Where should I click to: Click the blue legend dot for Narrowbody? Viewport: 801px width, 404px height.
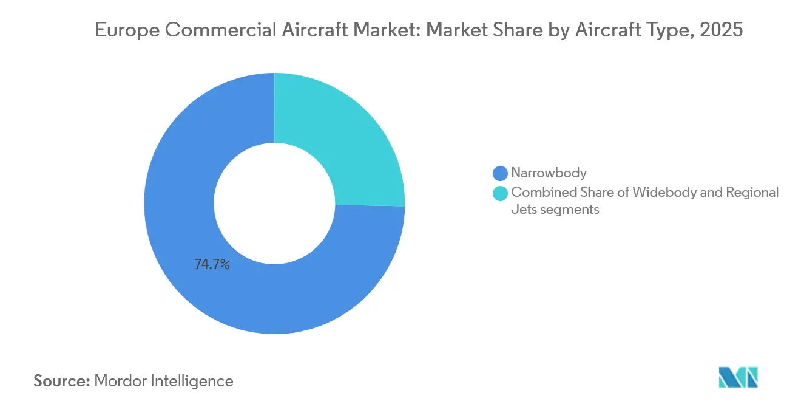[501, 173]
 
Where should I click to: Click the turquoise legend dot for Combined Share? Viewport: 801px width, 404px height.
[501, 193]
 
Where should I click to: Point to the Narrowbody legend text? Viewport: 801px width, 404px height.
[549, 173]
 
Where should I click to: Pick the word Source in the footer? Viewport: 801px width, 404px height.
[61, 381]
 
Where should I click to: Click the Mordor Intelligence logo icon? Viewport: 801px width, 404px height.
[738, 377]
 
